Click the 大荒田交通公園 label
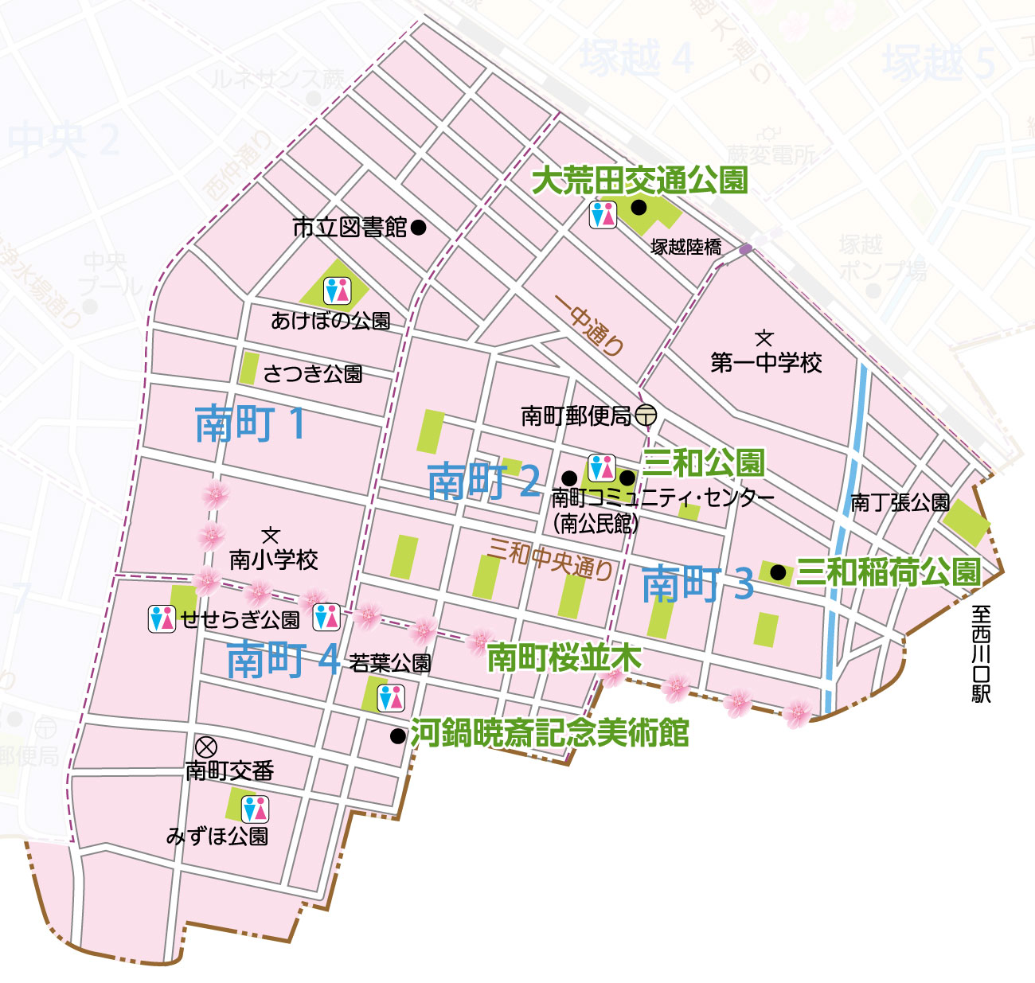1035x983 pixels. click(x=639, y=181)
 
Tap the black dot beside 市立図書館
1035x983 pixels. click(x=419, y=228)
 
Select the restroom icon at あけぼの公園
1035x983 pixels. click(x=337, y=291)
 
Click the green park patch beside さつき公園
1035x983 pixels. click(x=248, y=368)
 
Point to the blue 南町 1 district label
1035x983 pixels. click(x=250, y=423)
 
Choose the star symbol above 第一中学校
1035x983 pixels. click(x=764, y=338)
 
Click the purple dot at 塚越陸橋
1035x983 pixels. click(x=745, y=249)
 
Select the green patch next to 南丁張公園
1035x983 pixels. click(x=967, y=522)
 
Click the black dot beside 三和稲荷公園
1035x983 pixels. click(x=778, y=572)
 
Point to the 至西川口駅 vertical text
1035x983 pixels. click(x=981, y=653)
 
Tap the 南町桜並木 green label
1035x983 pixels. click(x=564, y=658)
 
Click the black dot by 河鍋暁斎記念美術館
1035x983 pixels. click(x=397, y=736)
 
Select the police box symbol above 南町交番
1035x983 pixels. click(x=206, y=747)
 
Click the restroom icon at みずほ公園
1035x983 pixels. click(x=255, y=809)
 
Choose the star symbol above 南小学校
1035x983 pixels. click(x=271, y=536)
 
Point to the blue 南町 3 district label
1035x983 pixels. click(x=697, y=585)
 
